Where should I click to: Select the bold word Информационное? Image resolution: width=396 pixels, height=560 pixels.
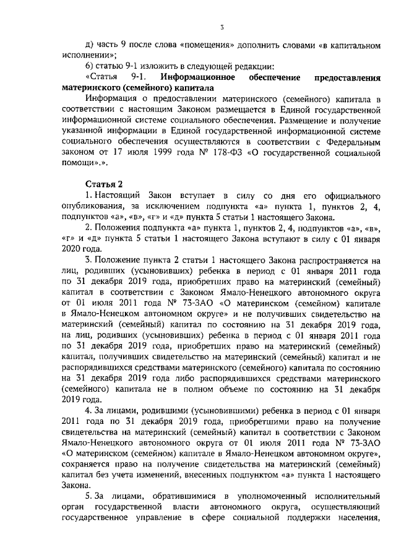(x=197, y=77)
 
